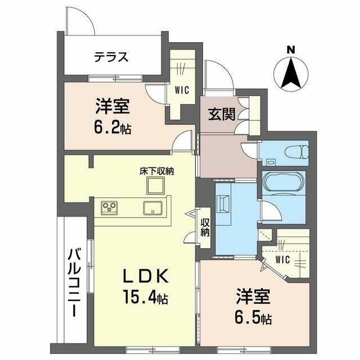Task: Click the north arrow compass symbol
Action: pos(291,74)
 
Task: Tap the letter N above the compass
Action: pos(291,49)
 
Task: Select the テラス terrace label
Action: pos(111,57)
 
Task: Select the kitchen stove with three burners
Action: pos(109,208)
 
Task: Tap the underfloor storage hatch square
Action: pos(155,185)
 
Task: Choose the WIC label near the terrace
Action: pos(181,89)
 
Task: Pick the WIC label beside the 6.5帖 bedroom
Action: pos(282,259)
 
